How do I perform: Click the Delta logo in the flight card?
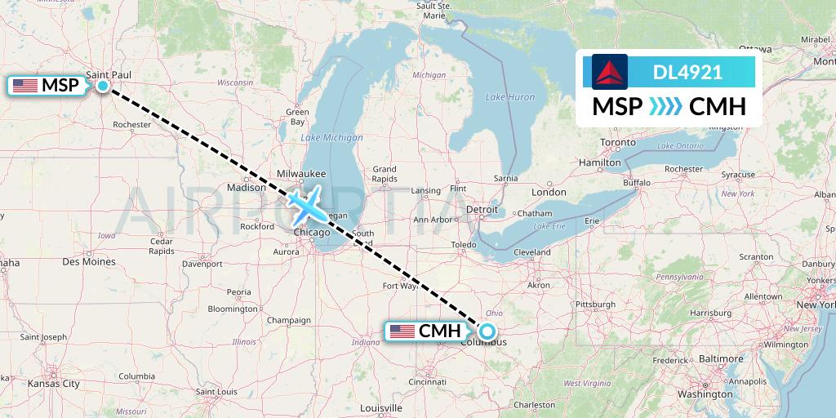(x=610, y=72)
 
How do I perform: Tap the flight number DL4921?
(x=687, y=72)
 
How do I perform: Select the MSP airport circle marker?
(x=103, y=85)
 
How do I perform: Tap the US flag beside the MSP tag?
(x=25, y=85)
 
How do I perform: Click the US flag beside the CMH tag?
(x=402, y=331)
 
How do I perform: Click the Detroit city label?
(x=482, y=210)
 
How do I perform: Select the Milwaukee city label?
(x=301, y=174)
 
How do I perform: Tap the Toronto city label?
(x=618, y=142)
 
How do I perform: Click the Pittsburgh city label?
(x=594, y=304)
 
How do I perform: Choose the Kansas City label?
(x=53, y=383)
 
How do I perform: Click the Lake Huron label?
(x=509, y=97)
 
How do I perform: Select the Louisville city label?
(x=380, y=407)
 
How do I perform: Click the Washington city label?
(x=704, y=394)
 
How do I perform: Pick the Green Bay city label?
(x=296, y=117)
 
